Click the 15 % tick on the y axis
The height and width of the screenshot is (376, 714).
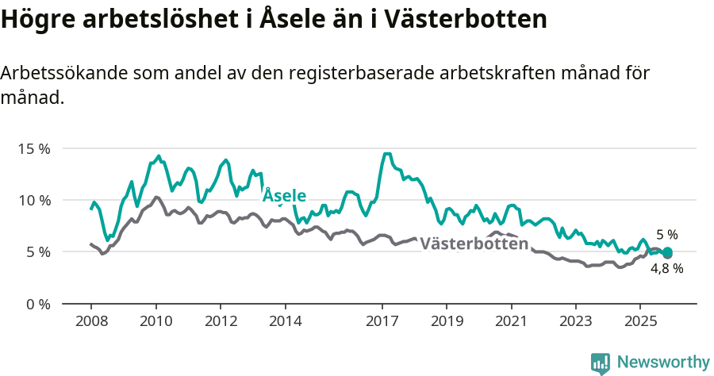(34, 148)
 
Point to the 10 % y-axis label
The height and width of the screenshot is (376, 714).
(34, 200)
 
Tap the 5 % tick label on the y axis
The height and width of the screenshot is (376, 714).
(37, 252)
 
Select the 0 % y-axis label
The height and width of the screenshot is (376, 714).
(37, 304)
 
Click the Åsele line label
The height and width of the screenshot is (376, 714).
(284, 195)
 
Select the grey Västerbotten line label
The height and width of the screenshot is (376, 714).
(474, 244)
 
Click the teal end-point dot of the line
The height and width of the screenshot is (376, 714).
(667, 252)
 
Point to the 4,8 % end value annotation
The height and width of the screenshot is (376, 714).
(666, 269)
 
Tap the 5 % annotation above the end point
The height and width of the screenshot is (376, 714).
(667, 235)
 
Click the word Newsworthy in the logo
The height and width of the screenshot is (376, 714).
(663, 363)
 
